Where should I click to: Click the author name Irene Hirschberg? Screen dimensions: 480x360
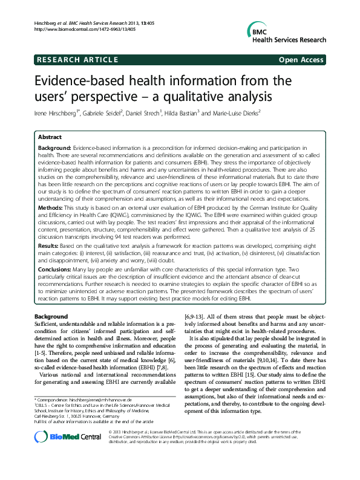(59, 113)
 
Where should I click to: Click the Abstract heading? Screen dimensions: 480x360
(50, 137)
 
